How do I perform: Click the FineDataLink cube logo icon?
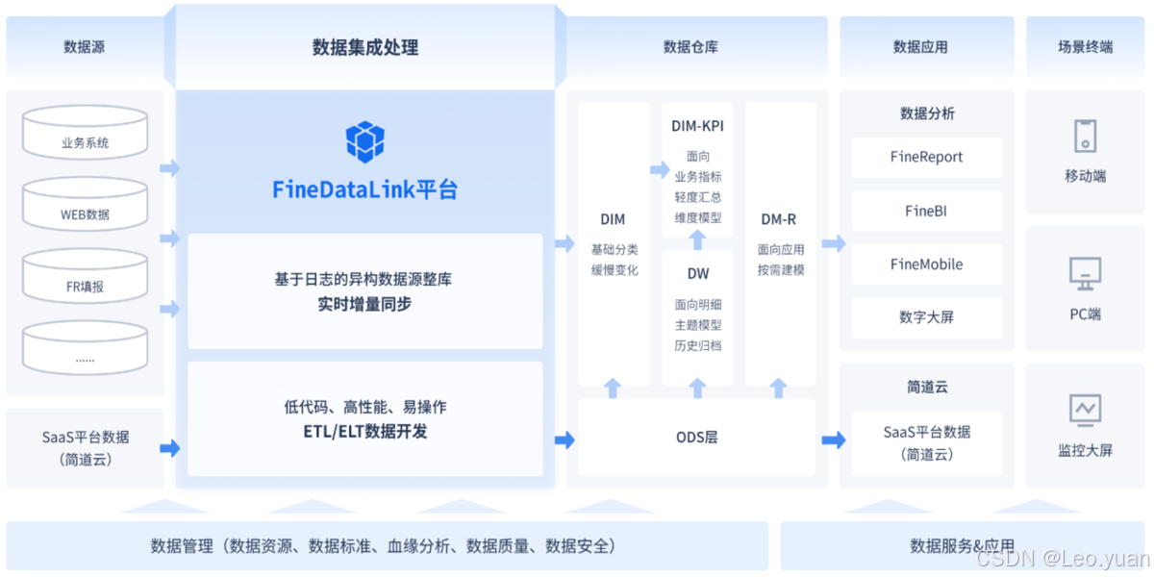tap(365, 141)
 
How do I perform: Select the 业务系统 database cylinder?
tap(85, 134)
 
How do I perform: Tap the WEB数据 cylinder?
tap(85, 205)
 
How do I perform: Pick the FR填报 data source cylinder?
tap(85, 277)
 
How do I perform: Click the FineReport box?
tap(926, 157)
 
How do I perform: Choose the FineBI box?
tap(926, 211)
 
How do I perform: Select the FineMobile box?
tap(926, 264)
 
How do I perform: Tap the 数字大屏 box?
tap(926, 317)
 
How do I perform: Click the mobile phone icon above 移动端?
tap(1085, 136)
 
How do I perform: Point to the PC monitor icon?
tap(1085, 274)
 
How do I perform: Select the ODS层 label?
tap(697, 438)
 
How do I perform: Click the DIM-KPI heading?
tap(698, 126)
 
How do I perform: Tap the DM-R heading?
tap(779, 219)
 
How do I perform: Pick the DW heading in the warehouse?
tap(698, 274)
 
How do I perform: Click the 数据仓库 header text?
tap(690, 47)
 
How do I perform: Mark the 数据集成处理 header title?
tap(365, 47)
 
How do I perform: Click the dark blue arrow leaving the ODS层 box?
tap(833, 439)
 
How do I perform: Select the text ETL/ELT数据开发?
tap(365, 432)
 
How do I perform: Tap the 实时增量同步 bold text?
tap(364, 305)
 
